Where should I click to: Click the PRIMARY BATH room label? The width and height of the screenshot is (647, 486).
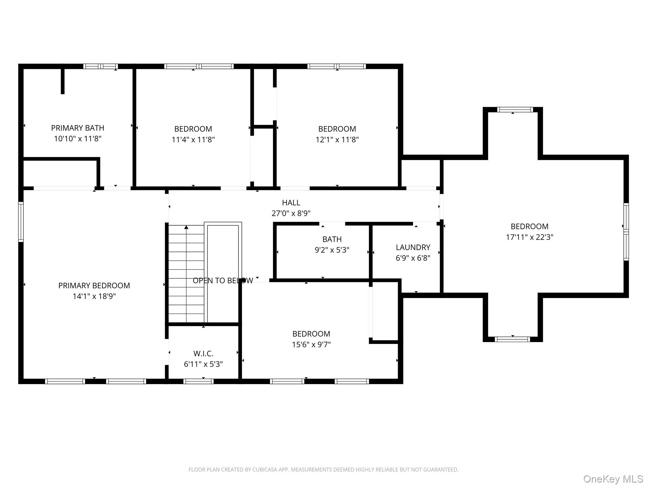point(78,128)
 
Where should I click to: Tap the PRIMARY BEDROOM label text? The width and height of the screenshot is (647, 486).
point(94,285)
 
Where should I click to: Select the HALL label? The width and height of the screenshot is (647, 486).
point(291,202)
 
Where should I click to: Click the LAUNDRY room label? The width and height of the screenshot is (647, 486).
point(413,247)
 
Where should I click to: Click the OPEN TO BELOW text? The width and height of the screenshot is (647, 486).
point(223,280)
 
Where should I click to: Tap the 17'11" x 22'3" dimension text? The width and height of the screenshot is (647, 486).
point(529,237)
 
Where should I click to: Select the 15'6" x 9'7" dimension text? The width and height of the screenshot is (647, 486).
point(311,344)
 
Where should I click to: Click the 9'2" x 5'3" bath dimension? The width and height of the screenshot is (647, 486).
point(332,250)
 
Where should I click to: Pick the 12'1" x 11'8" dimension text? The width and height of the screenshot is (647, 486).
point(337,140)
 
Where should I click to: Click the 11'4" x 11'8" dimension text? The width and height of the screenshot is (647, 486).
point(193,140)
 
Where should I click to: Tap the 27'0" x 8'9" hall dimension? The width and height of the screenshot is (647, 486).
point(291,213)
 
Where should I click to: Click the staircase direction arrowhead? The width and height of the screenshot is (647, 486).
point(186,227)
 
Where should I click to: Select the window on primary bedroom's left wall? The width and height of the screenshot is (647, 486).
point(21,221)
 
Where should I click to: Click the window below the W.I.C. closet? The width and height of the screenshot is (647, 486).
point(198,381)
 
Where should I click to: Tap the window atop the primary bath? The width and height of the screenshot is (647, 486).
point(100,66)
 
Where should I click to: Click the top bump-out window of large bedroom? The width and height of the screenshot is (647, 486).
point(515,110)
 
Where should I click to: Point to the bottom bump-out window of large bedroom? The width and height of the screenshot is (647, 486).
point(512,339)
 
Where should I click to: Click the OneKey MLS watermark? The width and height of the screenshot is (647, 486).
point(613,479)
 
